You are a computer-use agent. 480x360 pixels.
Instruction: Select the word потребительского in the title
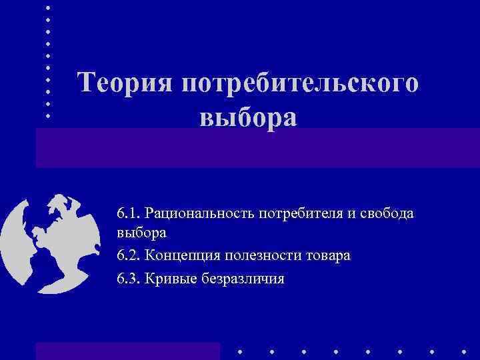(x=300, y=85)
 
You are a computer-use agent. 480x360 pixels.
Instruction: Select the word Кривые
(x=169, y=278)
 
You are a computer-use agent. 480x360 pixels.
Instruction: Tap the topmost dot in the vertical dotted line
(x=48, y=7)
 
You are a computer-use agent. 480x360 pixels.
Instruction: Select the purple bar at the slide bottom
(x=127, y=351)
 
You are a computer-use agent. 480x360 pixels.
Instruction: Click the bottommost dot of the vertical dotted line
(x=48, y=115)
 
